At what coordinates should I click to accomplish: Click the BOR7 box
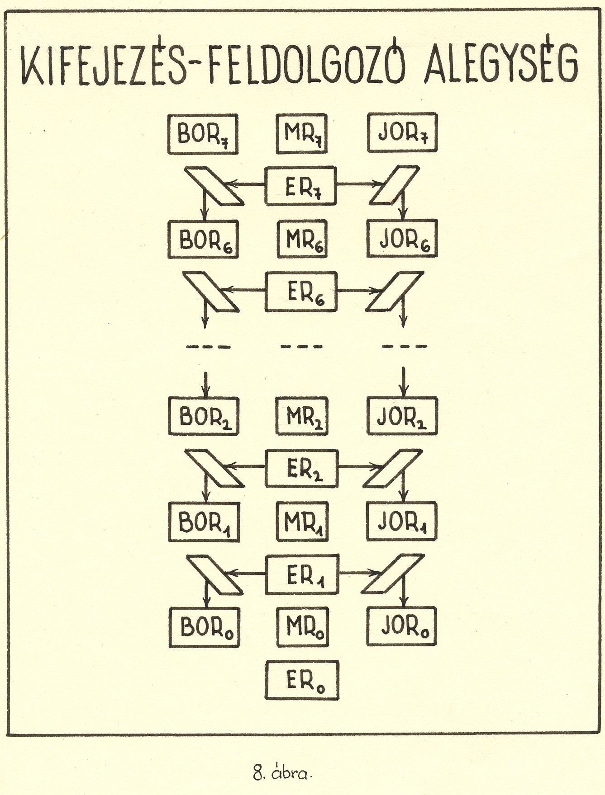coord(203,134)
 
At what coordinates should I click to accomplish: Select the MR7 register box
coord(301,133)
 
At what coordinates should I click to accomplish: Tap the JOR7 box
coord(402,133)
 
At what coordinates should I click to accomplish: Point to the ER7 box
coord(301,186)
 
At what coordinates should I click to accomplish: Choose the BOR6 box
coord(203,239)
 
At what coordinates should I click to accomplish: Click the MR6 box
coord(302,239)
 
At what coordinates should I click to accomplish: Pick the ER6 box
coord(301,292)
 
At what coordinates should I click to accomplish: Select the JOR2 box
coord(402,416)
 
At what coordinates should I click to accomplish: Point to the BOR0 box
coord(204,628)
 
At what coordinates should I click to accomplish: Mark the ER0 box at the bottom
coord(302,680)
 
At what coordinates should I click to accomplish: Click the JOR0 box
coord(402,627)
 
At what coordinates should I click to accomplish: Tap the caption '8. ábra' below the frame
coord(283,773)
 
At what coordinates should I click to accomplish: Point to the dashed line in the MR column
coord(302,347)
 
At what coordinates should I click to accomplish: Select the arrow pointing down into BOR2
coord(206,384)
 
